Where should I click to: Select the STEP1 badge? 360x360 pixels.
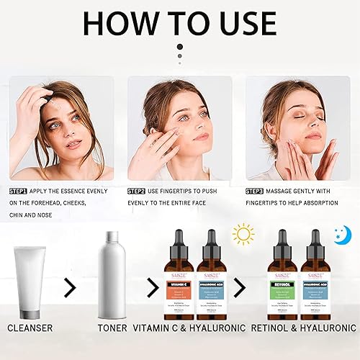[x=19, y=191]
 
